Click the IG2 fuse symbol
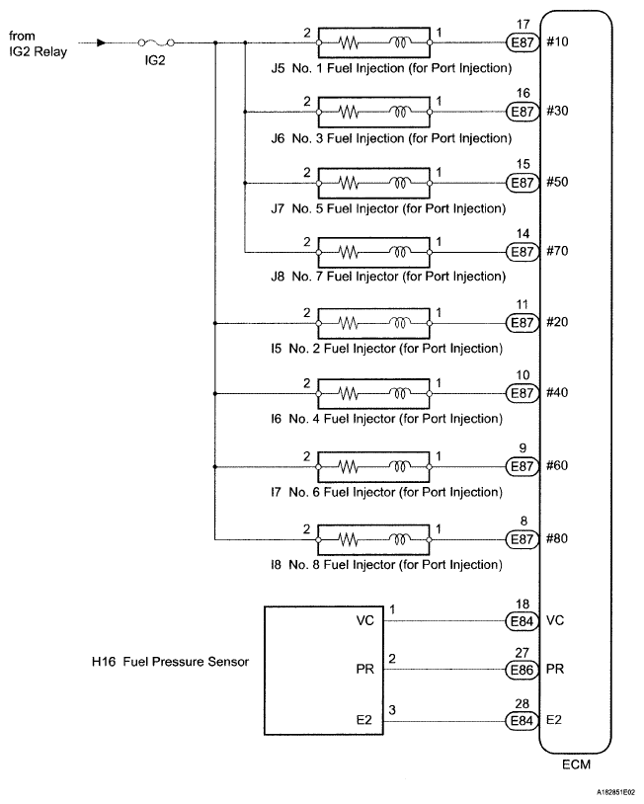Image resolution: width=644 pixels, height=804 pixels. coord(156,42)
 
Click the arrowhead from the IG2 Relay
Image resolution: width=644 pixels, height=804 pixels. coord(102,42)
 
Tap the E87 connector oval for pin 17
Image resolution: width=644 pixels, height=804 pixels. coord(523,42)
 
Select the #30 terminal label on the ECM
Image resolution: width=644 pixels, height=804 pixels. coord(557,112)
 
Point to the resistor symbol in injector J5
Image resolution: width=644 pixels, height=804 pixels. coord(348,43)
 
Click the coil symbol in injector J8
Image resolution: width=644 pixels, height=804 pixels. coord(400,252)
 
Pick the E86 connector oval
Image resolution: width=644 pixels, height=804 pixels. coord(523,670)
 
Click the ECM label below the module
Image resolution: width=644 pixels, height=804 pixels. coord(576,764)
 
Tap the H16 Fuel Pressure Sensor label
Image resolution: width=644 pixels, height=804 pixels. coord(170,662)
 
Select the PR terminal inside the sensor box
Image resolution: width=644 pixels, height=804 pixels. coord(365,669)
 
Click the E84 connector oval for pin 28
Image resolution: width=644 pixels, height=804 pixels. coord(523,720)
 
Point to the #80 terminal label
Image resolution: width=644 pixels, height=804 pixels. coord(557,538)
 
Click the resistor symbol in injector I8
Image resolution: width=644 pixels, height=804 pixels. coord(348,539)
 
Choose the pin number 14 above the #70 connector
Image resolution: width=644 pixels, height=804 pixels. coord(523,234)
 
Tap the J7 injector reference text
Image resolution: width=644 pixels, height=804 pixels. coord(278,208)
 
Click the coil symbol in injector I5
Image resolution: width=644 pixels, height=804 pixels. coord(400,323)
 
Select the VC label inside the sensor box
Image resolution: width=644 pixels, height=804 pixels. coord(365,620)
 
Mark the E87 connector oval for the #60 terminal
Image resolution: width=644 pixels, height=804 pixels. coord(523,466)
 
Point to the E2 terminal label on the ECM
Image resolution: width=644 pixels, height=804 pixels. coord(554,720)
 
